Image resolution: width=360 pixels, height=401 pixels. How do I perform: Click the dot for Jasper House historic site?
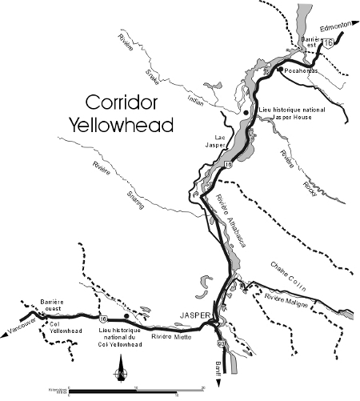pyautogui.click(x=246, y=114)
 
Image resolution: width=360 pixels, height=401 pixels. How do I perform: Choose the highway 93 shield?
pyautogui.click(x=221, y=344)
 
